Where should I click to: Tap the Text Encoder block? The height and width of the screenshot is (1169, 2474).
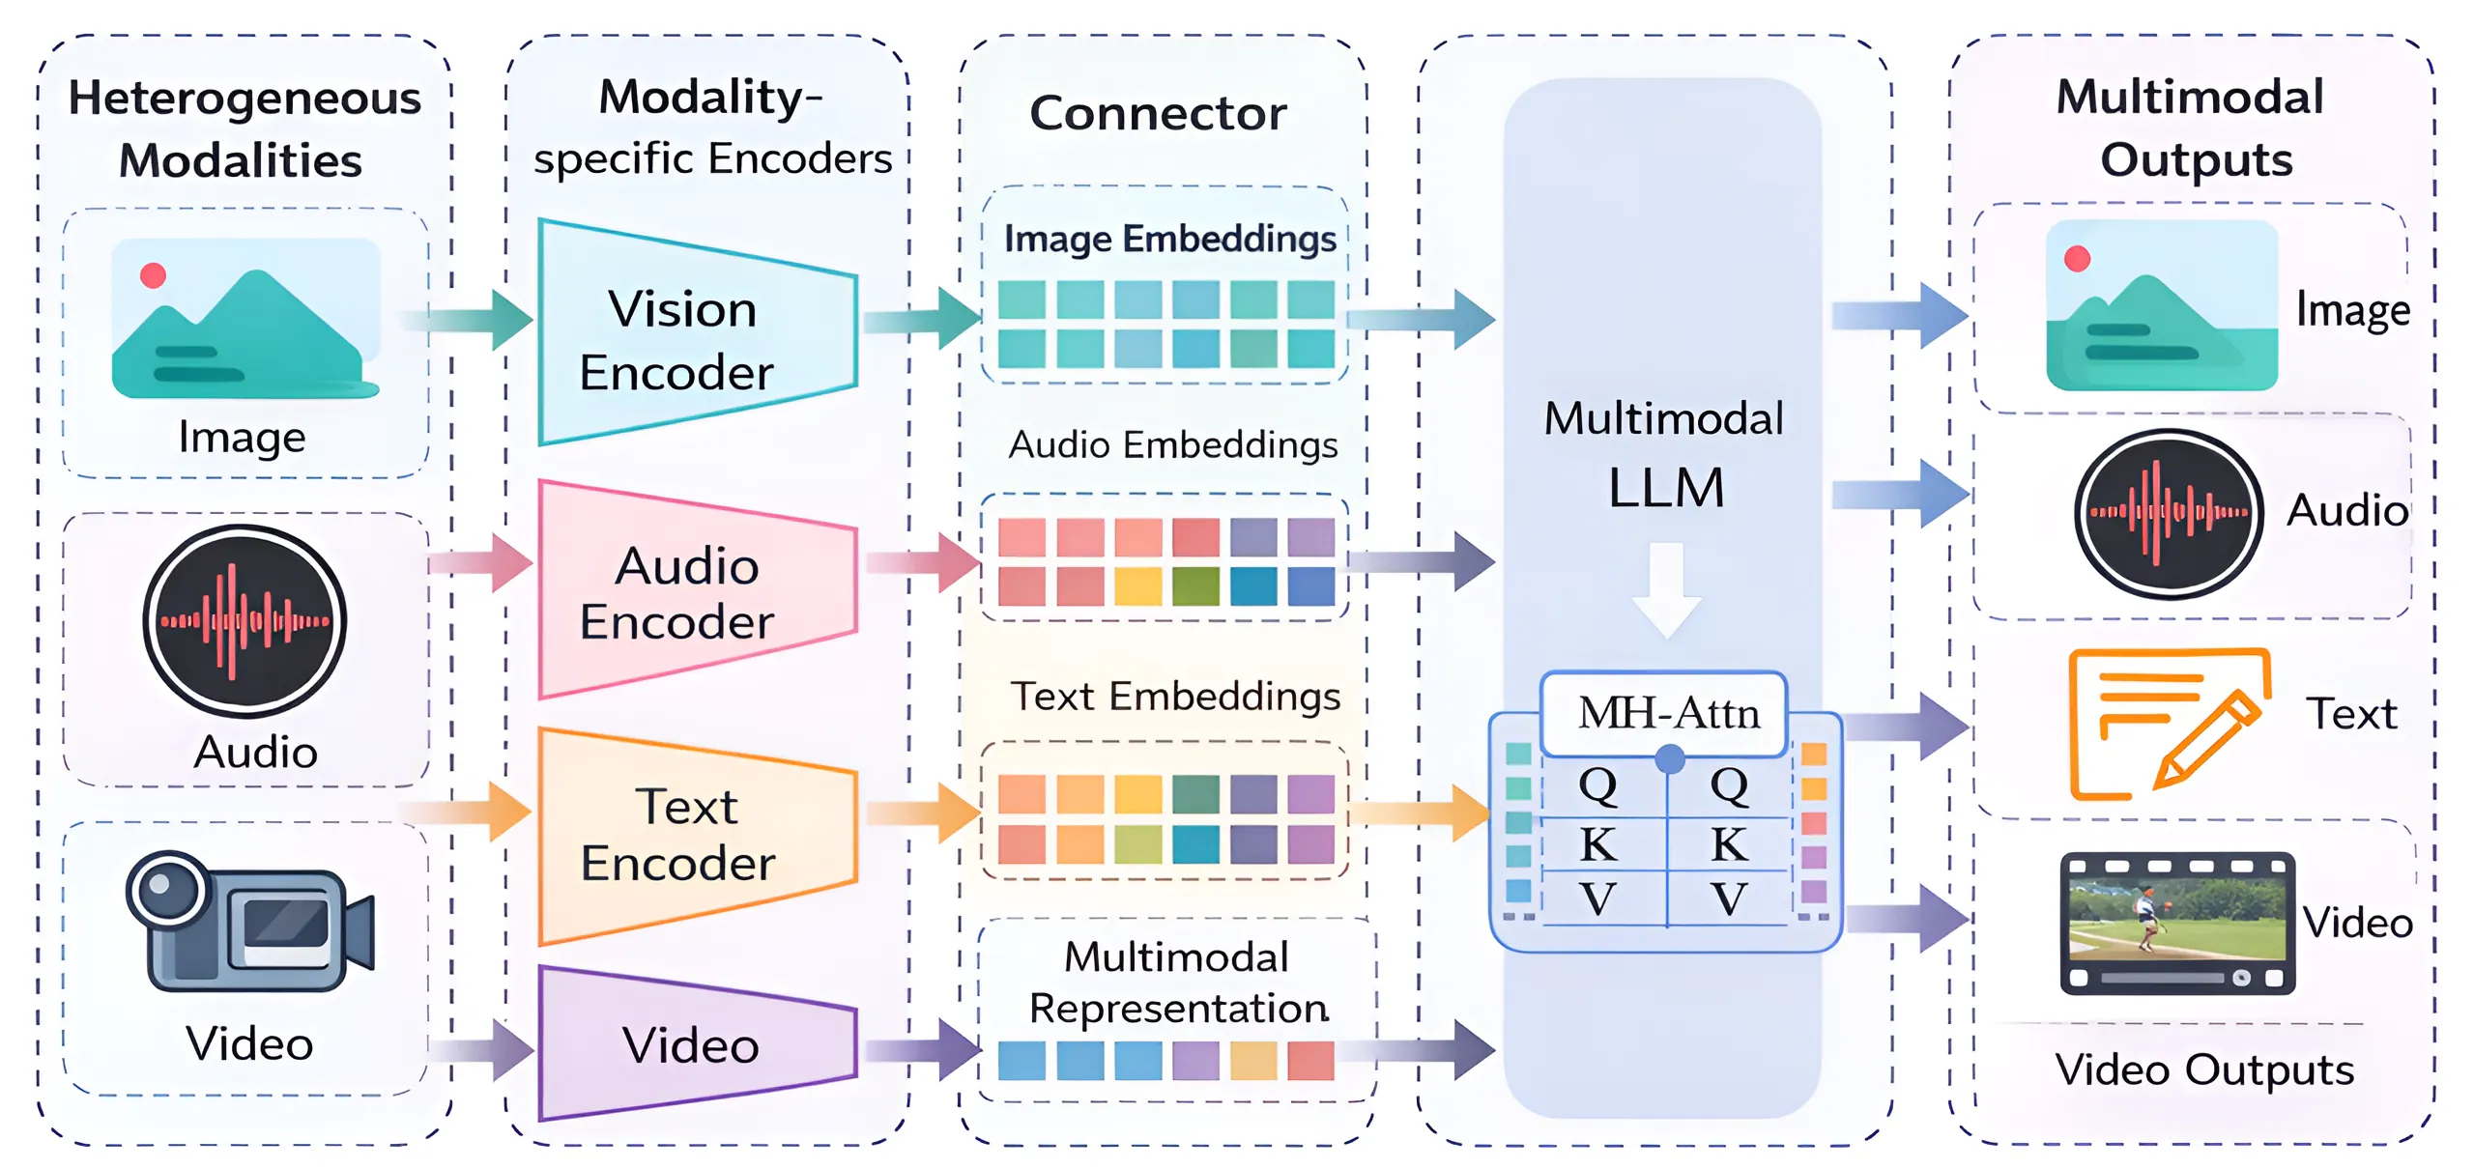(x=691, y=835)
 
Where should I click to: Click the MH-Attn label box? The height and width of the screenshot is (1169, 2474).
(x=1666, y=714)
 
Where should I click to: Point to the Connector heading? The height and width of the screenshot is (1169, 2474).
(x=1158, y=113)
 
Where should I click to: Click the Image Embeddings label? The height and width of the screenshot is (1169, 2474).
(x=1169, y=239)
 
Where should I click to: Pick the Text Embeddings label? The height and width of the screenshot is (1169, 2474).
(x=1175, y=696)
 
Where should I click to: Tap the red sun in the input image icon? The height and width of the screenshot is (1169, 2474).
(x=153, y=275)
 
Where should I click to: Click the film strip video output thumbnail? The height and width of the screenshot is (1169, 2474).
(x=2176, y=923)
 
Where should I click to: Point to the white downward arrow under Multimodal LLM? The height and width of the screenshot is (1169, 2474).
(x=1666, y=589)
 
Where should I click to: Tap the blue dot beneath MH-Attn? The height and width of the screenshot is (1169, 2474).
(x=1669, y=759)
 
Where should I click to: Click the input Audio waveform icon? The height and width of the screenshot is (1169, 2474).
(x=245, y=620)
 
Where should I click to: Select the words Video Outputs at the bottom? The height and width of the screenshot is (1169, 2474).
(x=2203, y=1069)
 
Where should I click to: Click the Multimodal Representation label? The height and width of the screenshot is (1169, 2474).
(x=1177, y=983)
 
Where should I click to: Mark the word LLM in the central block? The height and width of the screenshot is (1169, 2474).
(x=1666, y=487)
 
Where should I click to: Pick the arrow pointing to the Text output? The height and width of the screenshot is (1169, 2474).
(x=1909, y=726)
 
